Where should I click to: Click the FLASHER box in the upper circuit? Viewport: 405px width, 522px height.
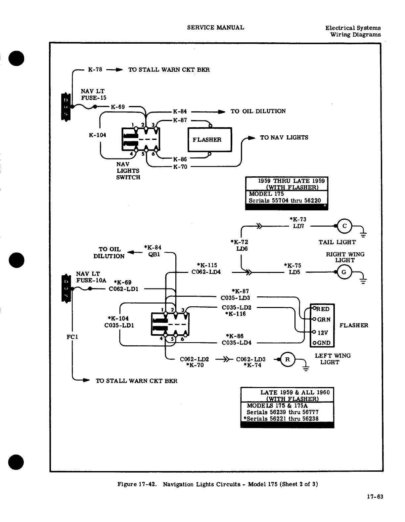210,140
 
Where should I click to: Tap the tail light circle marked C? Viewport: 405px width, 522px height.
344,226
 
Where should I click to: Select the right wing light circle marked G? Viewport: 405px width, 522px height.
344,272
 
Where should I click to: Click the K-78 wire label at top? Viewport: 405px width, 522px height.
95,69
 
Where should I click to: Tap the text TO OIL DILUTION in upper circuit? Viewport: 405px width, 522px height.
258,111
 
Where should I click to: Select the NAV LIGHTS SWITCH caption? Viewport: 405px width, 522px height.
128,171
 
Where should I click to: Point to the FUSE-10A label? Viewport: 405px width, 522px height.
91,280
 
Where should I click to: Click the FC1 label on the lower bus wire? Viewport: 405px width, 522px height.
72,337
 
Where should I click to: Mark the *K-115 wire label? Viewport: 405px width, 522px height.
207,265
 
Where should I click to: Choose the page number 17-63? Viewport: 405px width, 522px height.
375,497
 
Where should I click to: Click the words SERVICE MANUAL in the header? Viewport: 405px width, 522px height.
215,27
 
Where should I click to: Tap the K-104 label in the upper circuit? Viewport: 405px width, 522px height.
97,135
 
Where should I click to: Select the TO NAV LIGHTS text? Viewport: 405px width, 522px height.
284,137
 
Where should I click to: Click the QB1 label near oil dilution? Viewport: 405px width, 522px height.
154,254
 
